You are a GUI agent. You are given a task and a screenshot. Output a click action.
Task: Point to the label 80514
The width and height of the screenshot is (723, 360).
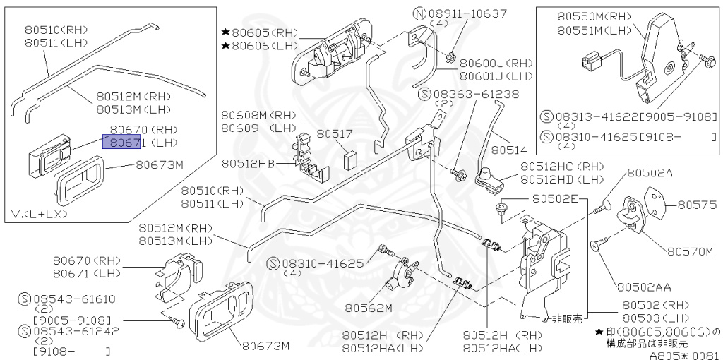510,150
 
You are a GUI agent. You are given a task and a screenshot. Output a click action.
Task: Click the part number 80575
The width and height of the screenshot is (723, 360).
697,205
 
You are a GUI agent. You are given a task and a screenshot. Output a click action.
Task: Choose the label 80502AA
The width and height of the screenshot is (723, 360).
643,287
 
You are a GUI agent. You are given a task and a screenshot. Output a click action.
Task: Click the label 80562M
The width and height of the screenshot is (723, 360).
368,307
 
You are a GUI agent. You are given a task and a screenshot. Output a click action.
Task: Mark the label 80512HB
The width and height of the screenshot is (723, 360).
248,164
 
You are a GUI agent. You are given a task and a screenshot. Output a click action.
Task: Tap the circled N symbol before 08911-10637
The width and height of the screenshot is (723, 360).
419,13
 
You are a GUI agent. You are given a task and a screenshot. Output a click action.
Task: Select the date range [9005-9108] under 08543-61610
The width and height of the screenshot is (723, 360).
61,320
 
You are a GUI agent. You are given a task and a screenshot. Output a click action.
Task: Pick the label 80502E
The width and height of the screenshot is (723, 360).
556,199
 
